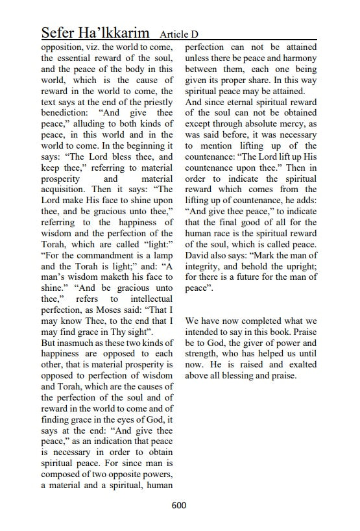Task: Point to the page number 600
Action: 180,506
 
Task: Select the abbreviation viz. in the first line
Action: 97,47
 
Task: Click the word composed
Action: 65,474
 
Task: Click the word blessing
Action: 246,376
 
